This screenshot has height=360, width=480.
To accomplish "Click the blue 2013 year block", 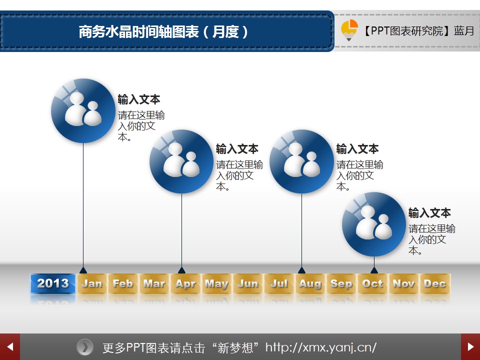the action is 52,283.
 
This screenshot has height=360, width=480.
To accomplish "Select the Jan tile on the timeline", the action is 91,283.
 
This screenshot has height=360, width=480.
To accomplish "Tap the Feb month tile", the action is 123,283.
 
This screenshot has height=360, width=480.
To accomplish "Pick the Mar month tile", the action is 154,283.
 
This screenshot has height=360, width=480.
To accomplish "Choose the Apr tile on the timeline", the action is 185,283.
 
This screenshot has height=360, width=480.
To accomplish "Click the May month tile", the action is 216,283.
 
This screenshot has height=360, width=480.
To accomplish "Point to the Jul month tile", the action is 279,283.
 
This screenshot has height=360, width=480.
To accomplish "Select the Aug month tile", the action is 310,283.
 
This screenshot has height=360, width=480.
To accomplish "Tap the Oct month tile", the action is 372,283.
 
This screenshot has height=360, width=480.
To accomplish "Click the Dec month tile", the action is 435,283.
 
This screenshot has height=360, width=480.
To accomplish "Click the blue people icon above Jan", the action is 83,111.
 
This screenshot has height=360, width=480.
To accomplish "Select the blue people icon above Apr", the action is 181,161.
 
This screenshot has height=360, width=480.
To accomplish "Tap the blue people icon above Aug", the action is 301,161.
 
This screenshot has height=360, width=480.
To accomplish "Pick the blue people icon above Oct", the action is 374,224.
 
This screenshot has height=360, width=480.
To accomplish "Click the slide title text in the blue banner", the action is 163,31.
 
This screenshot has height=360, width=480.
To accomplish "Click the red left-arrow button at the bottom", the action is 10,347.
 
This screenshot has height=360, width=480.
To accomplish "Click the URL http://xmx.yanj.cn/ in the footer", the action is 321,347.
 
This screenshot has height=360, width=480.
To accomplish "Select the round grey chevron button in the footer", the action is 85,347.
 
